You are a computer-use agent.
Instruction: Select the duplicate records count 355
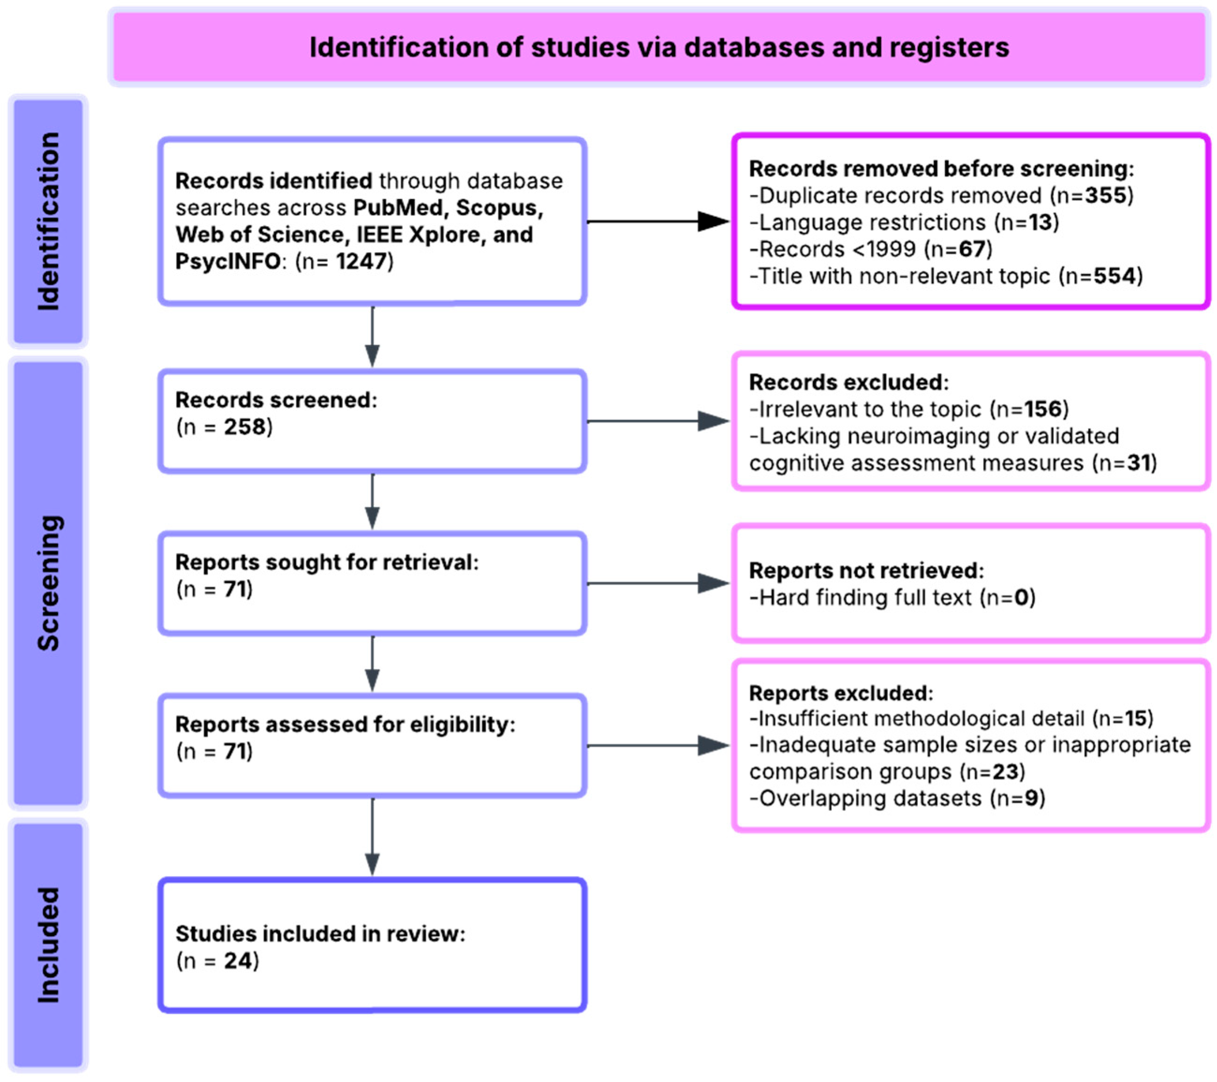click(1106, 195)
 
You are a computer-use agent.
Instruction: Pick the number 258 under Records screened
click(244, 427)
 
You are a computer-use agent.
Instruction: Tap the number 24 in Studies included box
click(238, 961)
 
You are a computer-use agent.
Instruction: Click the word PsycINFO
click(227, 261)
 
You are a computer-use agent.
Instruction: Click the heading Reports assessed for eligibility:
click(345, 724)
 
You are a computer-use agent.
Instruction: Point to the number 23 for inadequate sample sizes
click(1005, 771)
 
